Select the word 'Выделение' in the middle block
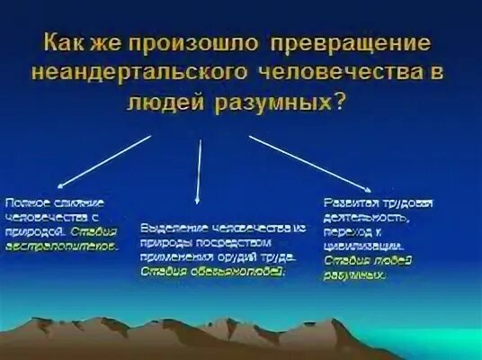coord(165,229)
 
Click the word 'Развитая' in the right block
coord(346,203)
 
